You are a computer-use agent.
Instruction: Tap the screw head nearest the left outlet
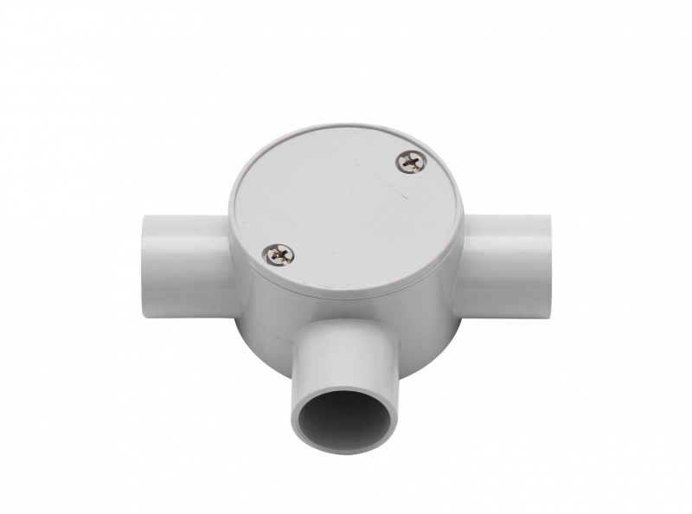coord(280,253)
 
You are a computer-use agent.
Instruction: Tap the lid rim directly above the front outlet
coord(346,294)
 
